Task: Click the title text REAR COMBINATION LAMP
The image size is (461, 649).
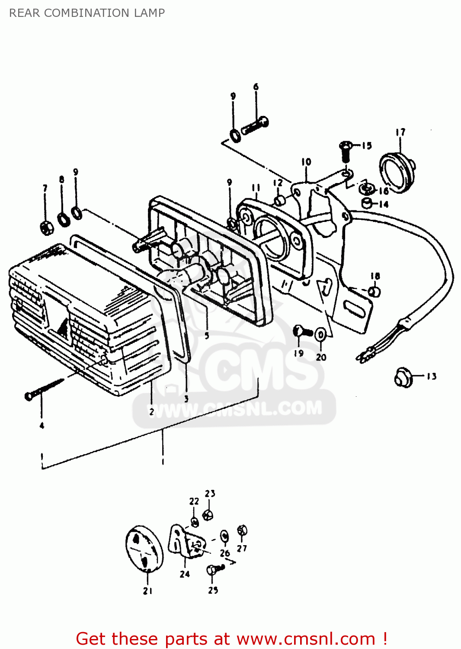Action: tap(87, 13)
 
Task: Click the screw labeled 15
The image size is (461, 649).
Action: tap(345, 151)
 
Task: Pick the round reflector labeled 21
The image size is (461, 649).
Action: tap(144, 548)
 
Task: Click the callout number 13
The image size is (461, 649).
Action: tap(431, 376)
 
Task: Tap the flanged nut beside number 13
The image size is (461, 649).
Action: tap(403, 377)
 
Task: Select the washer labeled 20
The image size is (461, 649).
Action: tap(320, 334)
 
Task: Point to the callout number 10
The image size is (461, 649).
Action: tap(306, 162)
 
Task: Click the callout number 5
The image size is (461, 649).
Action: tap(207, 336)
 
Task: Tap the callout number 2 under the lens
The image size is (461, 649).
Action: tap(151, 412)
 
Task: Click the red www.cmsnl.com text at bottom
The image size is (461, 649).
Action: tap(306, 639)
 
